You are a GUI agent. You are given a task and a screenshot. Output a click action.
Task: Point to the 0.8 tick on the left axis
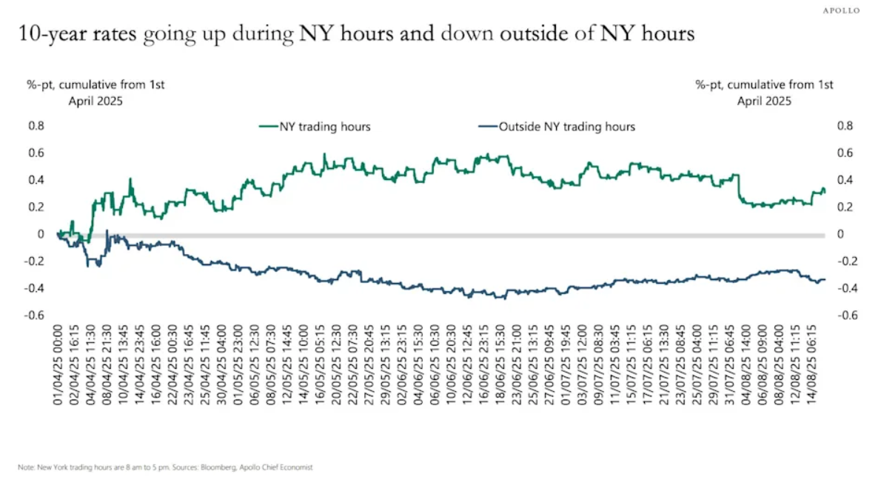click(x=36, y=126)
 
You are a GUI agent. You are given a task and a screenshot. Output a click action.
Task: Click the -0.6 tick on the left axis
click(x=35, y=316)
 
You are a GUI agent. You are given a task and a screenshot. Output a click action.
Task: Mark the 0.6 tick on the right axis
click(x=845, y=153)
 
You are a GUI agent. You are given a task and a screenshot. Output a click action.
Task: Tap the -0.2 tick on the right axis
click(x=844, y=261)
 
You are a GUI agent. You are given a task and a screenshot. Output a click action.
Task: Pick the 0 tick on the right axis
click(x=840, y=234)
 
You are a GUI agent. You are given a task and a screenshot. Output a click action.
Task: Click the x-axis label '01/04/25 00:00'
click(x=57, y=360)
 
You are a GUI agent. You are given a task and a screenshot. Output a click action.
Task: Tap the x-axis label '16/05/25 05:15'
click(x=323, y=360)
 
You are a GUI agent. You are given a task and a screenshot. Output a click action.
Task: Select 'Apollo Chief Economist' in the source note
click(x=279, y=467)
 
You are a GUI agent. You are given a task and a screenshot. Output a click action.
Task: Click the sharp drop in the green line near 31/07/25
click(x=740, y=188)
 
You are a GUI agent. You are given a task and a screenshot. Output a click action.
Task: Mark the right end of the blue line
click(x=825, y=279)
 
